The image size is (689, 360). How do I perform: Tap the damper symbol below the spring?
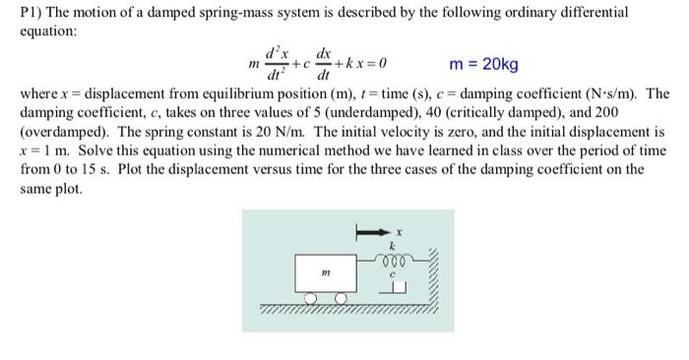pyautogui.click(x=396, y=287)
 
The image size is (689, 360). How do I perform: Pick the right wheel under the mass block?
pyautogui.click(x=341, y=299)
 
